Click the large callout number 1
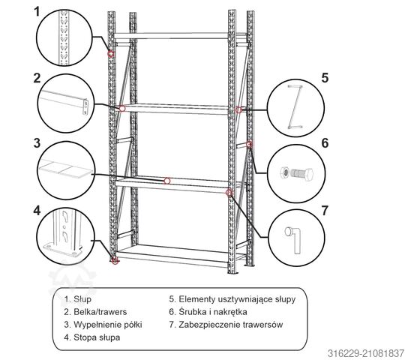point(37,11)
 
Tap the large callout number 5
point(325,78)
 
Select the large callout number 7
point(325,211)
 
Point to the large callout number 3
point(37,143)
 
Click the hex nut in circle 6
point(284,172)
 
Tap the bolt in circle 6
point(302,173)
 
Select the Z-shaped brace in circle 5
point(295,106)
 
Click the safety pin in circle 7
point(294,240)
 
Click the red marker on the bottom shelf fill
point(167,181)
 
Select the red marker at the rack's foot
point(115,260)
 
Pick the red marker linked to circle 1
point(111,54)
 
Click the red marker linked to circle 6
point(249,144)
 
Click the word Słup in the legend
point(82,299)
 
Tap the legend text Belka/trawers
point(100,312)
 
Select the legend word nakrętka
point(230,312)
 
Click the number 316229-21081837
point(366,353)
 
